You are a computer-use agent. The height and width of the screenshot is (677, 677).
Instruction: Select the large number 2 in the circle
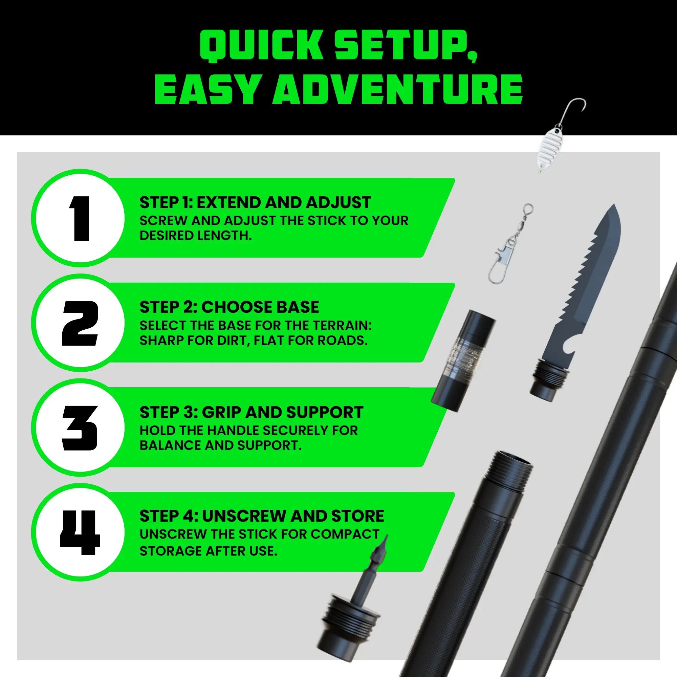click(x=80, y=323)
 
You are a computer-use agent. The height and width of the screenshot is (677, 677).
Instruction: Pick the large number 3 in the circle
click(x=80, y=428)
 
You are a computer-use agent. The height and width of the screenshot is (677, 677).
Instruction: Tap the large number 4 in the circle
click(x=80, y=532)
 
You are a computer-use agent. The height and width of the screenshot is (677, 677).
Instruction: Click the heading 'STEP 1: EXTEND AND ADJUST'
click(x=255, y=202)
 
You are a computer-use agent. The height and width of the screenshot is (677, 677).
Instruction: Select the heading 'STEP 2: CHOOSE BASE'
click(x=229, y=307)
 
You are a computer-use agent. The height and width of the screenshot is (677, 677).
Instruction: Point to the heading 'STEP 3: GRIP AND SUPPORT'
click(x=251, y=412)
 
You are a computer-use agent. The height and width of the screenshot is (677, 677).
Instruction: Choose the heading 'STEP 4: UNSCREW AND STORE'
click(x=262, y=516)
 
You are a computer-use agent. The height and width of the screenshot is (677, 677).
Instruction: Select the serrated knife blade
click(x=589, y=280)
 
